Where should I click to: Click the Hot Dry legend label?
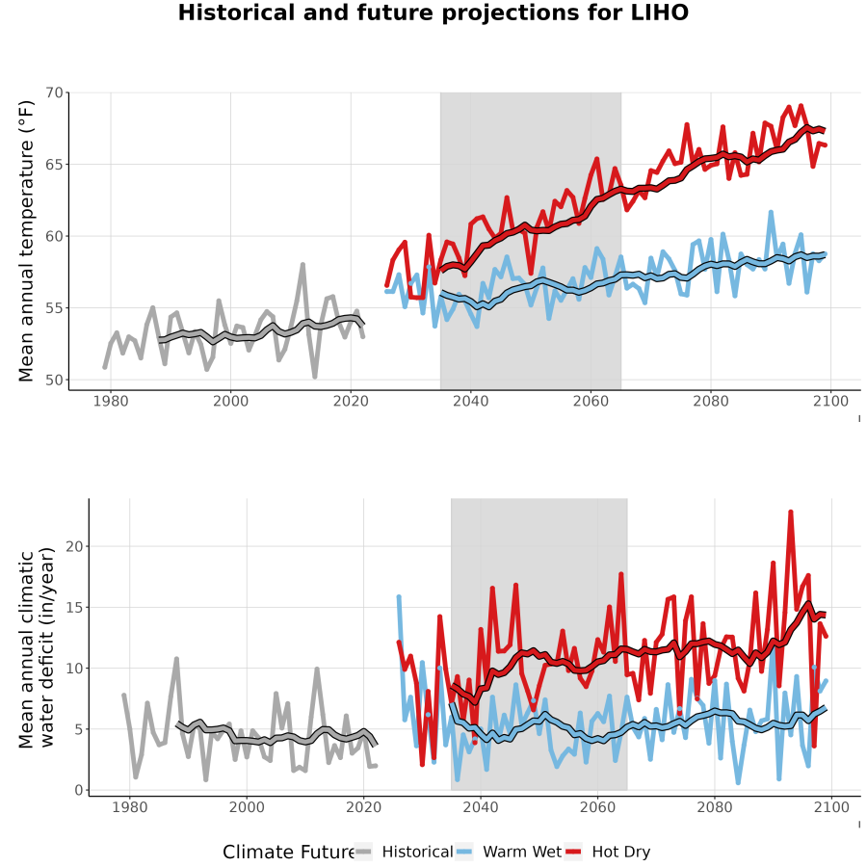621,852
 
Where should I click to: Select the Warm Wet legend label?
522,852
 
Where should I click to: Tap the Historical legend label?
417,852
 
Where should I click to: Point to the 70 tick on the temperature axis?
54,92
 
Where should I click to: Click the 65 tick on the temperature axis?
54,164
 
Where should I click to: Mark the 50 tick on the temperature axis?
54,380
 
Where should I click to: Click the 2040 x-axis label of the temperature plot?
470,401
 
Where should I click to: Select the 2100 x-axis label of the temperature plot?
830,401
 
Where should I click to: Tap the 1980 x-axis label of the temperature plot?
111,401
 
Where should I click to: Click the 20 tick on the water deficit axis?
74,546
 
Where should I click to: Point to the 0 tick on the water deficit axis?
79,790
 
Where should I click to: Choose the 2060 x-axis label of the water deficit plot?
597,807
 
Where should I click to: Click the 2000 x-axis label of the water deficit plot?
247,807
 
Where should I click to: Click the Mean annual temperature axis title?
26,241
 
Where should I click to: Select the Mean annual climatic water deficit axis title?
37,647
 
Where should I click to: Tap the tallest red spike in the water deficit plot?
791,512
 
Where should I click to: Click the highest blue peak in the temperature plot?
771,212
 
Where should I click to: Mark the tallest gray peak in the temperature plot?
302,264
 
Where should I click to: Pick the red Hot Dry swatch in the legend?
573,853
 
